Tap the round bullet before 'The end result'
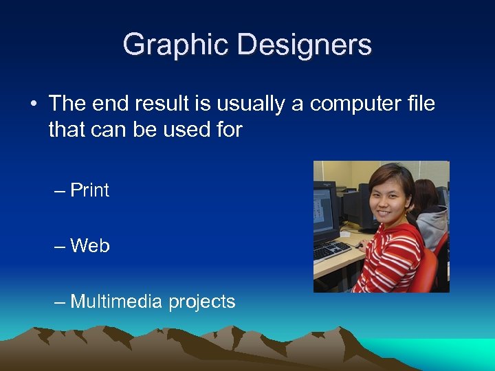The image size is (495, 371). click(33, 104)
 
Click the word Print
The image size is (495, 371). click(90, 190)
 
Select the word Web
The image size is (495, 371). click(90, 246)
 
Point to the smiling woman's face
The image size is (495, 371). click(386, 194)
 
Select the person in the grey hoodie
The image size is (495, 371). click(432, 220)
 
